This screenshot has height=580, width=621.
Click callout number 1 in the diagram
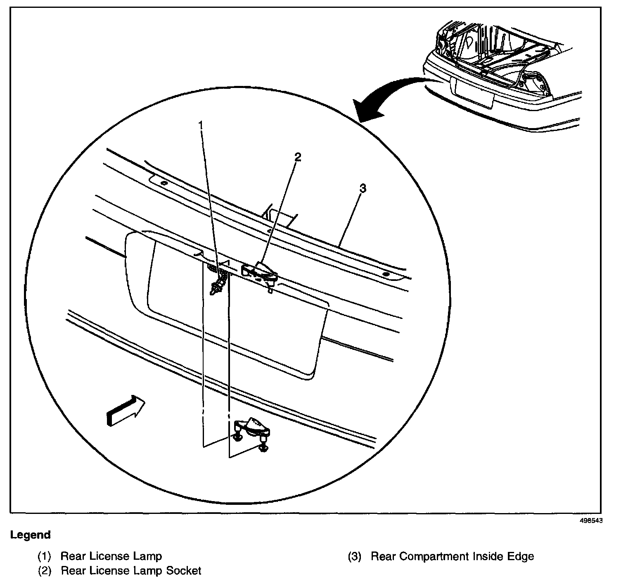201,124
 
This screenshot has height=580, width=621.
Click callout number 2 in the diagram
298,157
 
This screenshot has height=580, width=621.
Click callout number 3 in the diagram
363,189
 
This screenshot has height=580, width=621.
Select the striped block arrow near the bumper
125,410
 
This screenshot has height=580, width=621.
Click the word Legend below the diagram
31,535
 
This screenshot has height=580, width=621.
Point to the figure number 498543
591,521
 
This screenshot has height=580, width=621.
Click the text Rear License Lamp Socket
131,571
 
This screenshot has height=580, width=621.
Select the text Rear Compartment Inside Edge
452,556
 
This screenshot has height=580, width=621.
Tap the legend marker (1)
44,556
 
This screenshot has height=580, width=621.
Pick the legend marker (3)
354,556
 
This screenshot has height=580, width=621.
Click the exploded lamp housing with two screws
252,430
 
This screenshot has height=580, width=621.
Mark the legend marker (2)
44,571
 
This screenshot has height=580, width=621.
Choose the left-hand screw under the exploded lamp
238,437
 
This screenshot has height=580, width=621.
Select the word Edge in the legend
521,556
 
